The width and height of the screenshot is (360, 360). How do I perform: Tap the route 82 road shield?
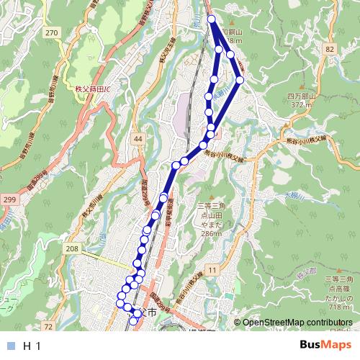pyautogui.click(x=330, y=48)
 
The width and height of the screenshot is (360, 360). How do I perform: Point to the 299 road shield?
pyautogui.click(x=9, y=198)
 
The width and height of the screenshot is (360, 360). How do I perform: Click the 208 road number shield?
pyautogui.click(x=71, y=248)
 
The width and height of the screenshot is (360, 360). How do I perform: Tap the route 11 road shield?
pyautogui.click(x=212, y=269)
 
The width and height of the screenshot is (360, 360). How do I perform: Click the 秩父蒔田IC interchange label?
pyautogui.click(x=89, y=89)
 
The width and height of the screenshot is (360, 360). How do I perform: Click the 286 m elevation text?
pyautogui.click(x=211, y=233)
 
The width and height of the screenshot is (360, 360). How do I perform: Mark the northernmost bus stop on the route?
pyautogui.click(x=211, y=19)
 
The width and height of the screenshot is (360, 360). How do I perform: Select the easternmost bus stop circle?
pyautogui.click(x=240, y=80)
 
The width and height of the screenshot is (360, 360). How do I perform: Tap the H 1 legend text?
pyautogui.click(x=32, y=346)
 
